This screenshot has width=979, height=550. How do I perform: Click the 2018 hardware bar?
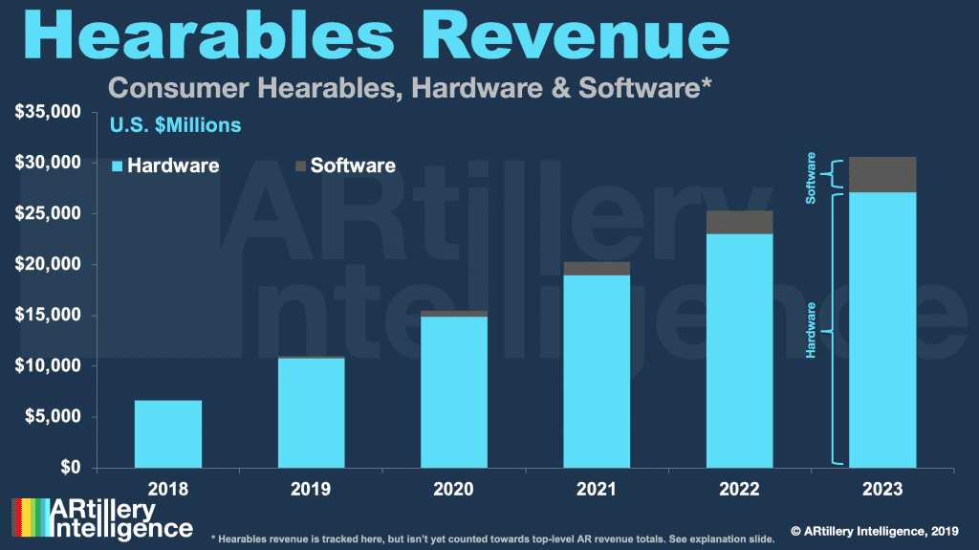[168, 434]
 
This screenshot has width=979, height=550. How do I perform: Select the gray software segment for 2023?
[883, 174]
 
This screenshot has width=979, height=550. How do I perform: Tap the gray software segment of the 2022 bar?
[740, 222]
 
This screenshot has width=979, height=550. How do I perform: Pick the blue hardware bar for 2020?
[454, 392]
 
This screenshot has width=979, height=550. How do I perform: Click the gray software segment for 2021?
[597, 268]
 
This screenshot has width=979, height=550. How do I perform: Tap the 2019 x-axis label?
[311, 490]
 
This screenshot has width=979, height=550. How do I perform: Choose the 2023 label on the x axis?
[883, 490]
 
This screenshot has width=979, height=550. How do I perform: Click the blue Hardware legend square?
[118, 165]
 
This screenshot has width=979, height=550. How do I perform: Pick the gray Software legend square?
[300, 165]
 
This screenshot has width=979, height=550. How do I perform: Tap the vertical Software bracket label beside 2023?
[811, 177]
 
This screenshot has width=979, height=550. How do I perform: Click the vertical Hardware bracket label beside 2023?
[811, 330]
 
